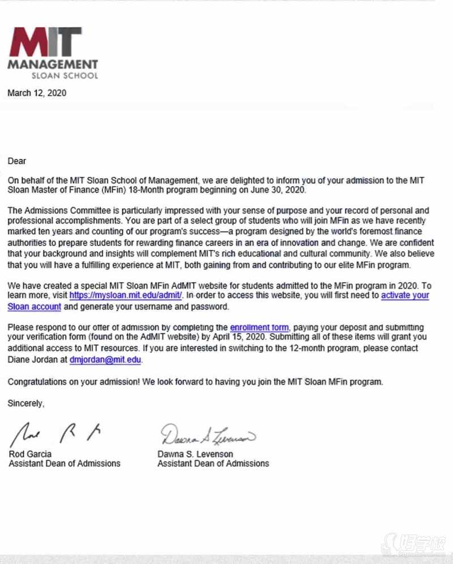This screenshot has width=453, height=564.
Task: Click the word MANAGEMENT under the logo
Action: pos(53,64)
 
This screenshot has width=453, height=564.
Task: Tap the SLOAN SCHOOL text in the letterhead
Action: pos(69,75)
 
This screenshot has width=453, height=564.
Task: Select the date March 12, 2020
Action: pos(37,93)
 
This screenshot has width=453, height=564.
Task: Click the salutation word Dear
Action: pos(17,161)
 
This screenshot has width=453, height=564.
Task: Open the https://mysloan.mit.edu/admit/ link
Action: pos(126,295)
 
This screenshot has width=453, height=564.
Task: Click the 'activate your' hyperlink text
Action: pos(405,295)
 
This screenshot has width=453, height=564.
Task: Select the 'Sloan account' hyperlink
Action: pos(34,307)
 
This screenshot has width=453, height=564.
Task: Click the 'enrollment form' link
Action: pos(259,328)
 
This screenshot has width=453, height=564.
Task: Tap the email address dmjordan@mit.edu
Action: pos(105,359)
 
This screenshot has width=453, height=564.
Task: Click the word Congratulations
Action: pos(37,381)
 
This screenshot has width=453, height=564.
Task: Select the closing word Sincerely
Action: pos(25,403)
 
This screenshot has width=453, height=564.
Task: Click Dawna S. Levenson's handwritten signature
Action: pos(207,434)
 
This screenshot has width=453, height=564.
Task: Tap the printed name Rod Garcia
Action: pos(31,454)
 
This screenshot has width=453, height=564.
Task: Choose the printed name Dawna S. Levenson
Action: pos(195,454)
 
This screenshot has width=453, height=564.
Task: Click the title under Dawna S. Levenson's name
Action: pos(213,463)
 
